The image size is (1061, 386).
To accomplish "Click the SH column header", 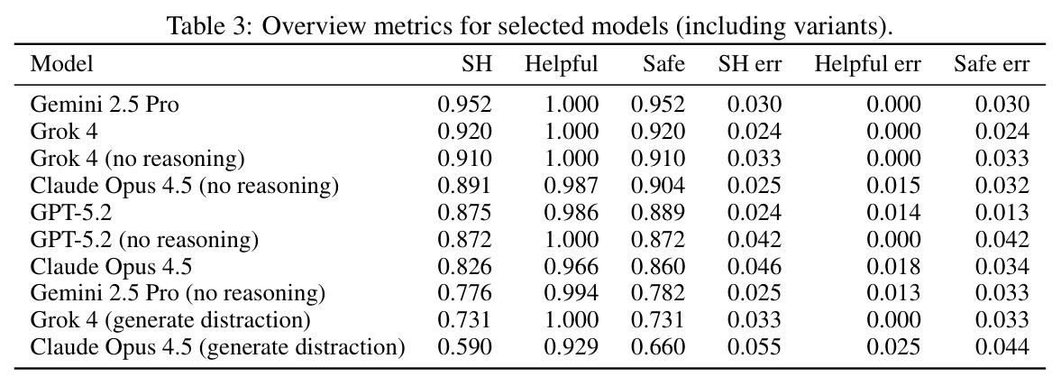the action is click(x=477, y=64).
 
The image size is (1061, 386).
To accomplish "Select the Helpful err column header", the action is click(x=867, y=64).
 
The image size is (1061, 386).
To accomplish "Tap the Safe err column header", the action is click(x=992, y=64).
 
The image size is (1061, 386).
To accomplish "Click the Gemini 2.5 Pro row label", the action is click(x=105, y=105).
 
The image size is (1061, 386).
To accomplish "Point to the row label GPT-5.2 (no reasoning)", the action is click(x=145, y=238).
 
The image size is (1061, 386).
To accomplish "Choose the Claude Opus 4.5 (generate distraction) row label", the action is click(x=218, y=347).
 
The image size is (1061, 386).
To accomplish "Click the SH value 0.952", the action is click(x=465, y=105).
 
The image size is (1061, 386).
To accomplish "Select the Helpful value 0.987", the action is click(x=572, y=185).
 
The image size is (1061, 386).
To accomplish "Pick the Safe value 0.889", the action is click(x=658, y=212).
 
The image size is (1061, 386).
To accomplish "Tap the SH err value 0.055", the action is click(x=755, y=347).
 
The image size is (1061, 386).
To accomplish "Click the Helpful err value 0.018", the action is click(x=893, y=265).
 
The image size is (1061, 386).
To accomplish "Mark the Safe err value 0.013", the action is click(x=1002, y=212).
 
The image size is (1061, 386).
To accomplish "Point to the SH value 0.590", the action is click(x=465, y=347).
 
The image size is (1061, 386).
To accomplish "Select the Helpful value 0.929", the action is click(x=572, y=347).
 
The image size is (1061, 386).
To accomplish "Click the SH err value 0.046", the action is click(x=755, y=265).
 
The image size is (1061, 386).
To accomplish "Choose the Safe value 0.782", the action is click(x=658, y=292).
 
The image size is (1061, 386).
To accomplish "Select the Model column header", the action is click(x=61, y=64).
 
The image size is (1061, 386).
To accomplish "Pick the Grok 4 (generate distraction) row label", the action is click(x=170, y=319).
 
